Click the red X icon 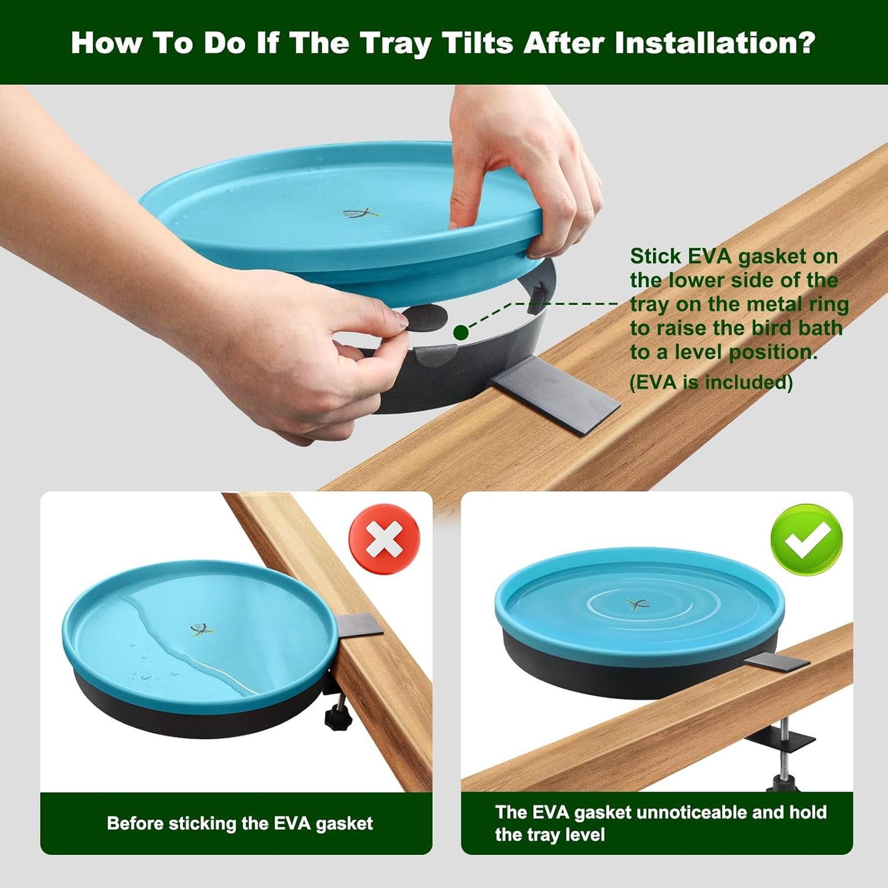pyautogui.click(x=384, y=539)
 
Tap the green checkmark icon pyautogui.click(x=806, y=540)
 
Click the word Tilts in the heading pyautogui.click(x=477, y=43)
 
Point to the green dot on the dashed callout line pyautogui.click(x=461, y=332)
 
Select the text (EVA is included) pyautogui.click(x=711, y=382)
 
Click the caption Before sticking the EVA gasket pyautogui.click(x=240, y=823)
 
